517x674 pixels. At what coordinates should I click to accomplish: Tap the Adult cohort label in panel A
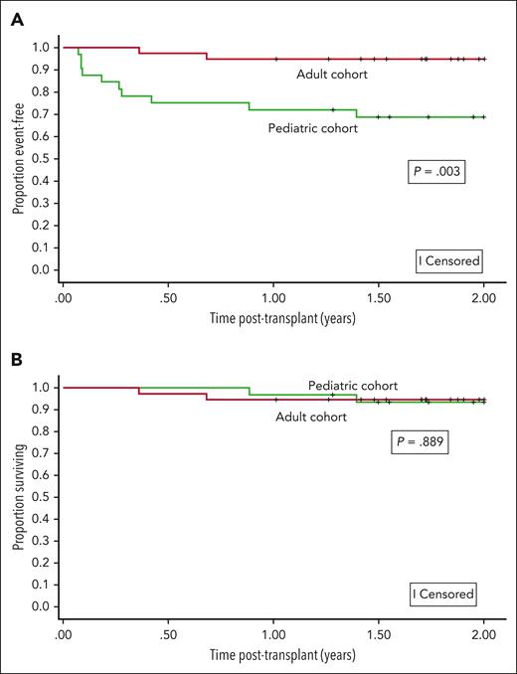334,74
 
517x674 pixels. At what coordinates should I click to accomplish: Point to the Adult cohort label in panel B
311,417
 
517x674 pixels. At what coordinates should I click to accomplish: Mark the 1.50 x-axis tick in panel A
378,297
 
